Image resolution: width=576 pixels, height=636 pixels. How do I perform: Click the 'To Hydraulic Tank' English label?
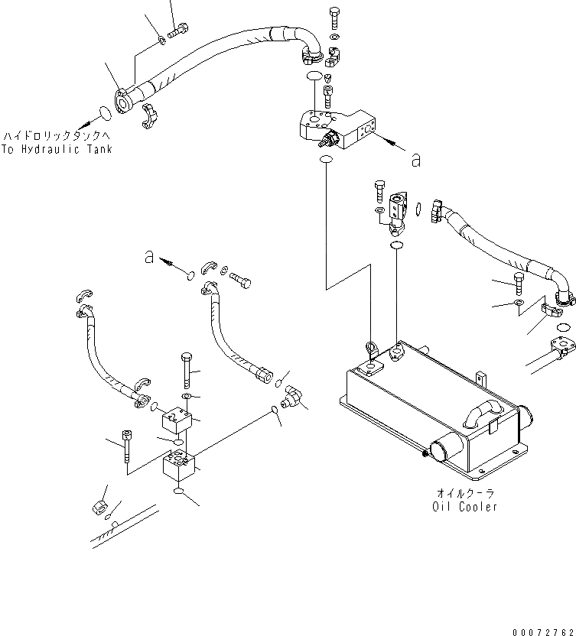[57, 149]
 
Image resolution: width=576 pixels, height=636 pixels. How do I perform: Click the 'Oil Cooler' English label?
[464, 507]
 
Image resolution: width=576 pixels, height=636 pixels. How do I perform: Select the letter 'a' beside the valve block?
[415, 160]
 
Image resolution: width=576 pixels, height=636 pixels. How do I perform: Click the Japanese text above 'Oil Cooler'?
[464, 494]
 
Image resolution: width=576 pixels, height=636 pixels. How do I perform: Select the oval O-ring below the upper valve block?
[325, 161]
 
